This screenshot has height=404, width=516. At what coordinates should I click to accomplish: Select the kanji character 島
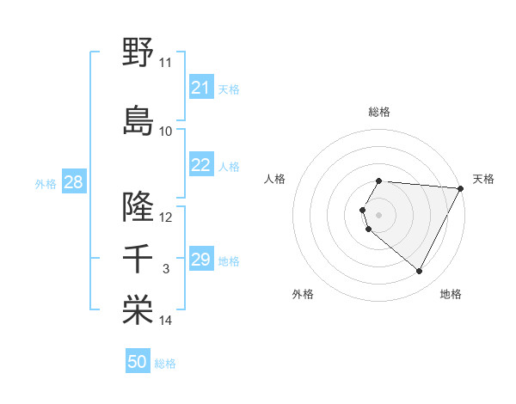pyautogui.click(x=138, y=119)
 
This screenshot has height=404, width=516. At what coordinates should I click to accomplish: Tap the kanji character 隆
pyautogui.click(x=138, y=206)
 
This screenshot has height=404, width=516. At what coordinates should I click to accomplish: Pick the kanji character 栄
pyautogui.click(x=138, y=310)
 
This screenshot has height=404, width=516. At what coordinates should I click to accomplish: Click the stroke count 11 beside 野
pyautogui.click(x=166, y=63)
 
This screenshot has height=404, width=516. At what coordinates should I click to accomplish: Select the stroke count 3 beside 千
pyautogui.click(x=166, y=269)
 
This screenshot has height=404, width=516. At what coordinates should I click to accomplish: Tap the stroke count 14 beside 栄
pyautogui.click(x=166, y=321)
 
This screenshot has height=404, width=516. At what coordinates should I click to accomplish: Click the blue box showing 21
pyautogui.click(x=201, y=88)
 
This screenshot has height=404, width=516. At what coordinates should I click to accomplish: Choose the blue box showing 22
pyautogui.click(x=201, y=165)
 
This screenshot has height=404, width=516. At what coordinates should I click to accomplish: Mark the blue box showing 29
pyautogui.click(x=201, y=260)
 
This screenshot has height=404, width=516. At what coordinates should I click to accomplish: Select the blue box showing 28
pyautogui.click(x=73, y=182)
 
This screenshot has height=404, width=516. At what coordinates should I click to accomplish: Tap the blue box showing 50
pyautogui.click(x=138, y=362)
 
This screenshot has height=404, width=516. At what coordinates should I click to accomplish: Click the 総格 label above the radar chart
pyautogui.click(x=379, y=112)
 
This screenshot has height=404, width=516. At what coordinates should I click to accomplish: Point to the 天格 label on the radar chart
pyautogui.click(x=483, y=179)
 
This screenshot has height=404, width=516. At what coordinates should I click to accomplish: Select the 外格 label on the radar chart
pyautogui.click(x=303, y=294)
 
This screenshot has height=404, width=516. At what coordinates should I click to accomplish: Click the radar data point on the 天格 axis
pyautogui.click(x=461, y=188)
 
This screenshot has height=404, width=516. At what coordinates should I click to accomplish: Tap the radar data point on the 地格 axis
pyautogui.click(x=420, y=272)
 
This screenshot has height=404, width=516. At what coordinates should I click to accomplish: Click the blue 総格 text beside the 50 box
pyautogui.click(x=165, y=364)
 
